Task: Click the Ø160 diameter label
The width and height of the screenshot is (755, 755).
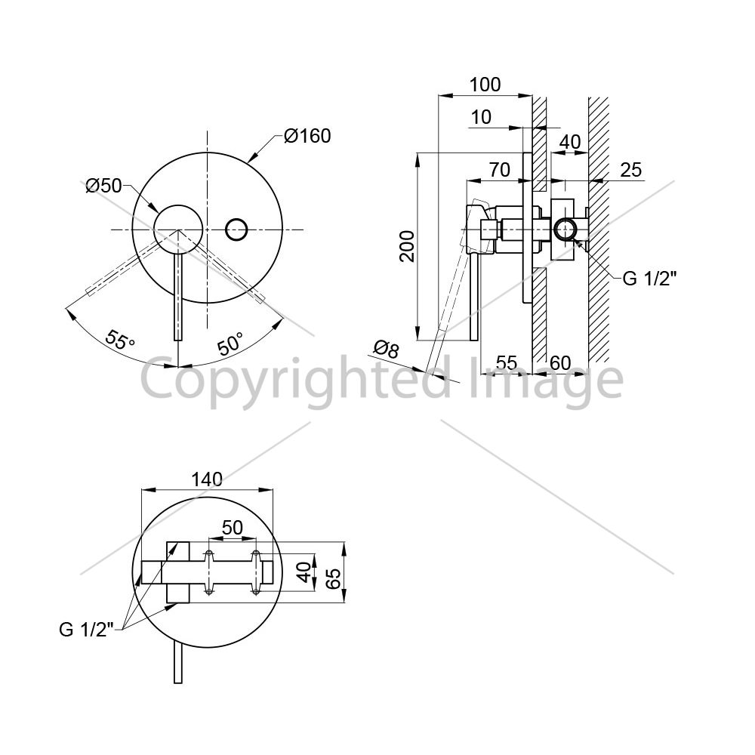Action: click(307, 136)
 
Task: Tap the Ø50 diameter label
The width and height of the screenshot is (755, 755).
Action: click(103, 186)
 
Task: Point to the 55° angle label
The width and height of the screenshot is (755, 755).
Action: click(120, 340)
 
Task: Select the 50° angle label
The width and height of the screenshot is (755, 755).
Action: click(230, 344)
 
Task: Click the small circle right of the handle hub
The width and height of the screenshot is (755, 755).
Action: click(236, 230)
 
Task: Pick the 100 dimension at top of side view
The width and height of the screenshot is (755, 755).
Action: click(485, 85)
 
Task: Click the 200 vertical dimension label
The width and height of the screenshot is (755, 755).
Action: click(408, 246)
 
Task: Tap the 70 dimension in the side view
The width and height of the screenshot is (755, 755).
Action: click(499, 169)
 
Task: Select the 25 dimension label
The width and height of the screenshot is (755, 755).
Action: click(630, 170)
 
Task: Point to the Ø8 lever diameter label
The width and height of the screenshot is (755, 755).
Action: click(387, 349)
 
